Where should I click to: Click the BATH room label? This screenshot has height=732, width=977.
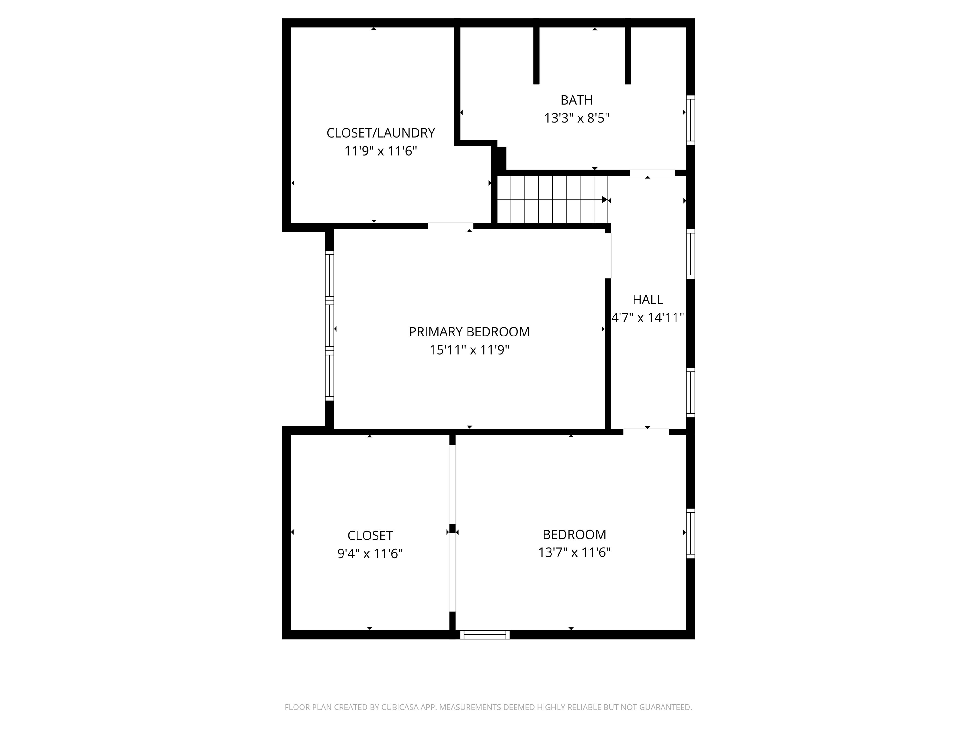(576, 100)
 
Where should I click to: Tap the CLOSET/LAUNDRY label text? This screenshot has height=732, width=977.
(380, 133)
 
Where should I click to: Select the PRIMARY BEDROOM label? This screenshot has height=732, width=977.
(469, 332)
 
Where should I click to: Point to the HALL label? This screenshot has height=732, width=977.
(648, 300)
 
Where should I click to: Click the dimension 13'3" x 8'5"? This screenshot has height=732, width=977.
(576, 118)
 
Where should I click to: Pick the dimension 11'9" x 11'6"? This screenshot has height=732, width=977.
(380, 151)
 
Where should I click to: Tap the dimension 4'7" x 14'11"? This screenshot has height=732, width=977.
(648, 318)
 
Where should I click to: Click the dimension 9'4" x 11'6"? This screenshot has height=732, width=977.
(370, 553)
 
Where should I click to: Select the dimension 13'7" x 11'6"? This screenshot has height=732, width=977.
(574, 552)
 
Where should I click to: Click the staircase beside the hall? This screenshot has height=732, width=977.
(552, 200)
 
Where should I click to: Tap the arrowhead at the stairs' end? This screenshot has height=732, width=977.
(605, 200)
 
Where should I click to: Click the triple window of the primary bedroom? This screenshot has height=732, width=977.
(329, 326)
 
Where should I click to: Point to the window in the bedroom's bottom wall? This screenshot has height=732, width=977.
(485, 634)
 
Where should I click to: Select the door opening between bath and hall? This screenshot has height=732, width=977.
(652, 173)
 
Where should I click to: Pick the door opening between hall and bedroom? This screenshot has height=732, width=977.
(646, 431)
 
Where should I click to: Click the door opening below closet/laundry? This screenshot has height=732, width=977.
(450, 226)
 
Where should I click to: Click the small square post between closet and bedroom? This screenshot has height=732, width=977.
(452, 528)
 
